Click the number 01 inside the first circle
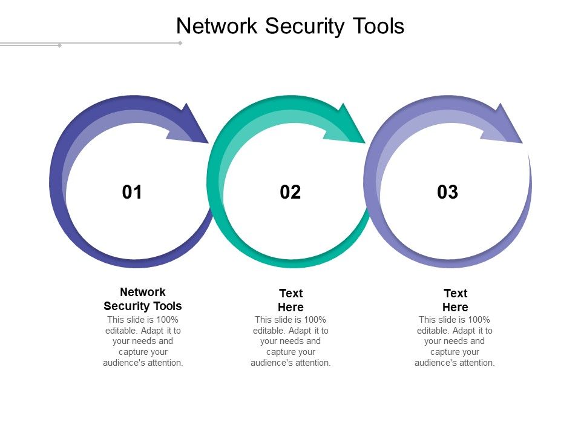(x=132, y=193)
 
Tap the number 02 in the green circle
(x=290, y=193)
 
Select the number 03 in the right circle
(x=448, y=193)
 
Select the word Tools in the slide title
(x=377, y=27)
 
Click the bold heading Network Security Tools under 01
(x=143, y=299)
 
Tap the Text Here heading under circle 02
(x=290, y=300)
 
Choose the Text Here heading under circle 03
(x=455, y=300)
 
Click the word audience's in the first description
(x=123, y=363)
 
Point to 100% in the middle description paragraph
(x=313, y=320)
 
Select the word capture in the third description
(x=444, y=352)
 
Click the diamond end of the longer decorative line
(x=180, y=43)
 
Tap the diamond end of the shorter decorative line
(x=59, y=45)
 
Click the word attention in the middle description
(x=312, y=363)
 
